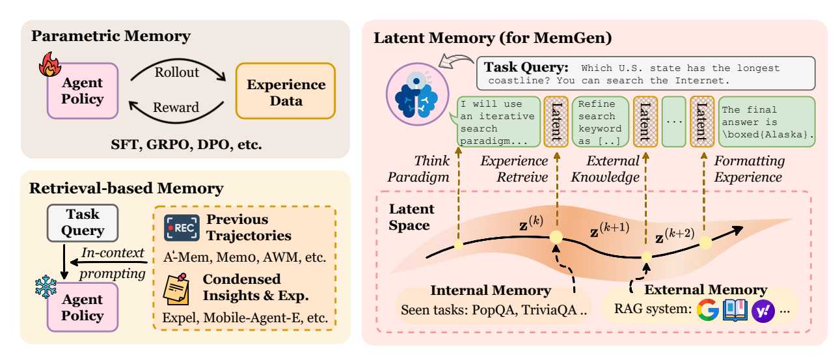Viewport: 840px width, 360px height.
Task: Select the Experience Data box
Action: point(285,91)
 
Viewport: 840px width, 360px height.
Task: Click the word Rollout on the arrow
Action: point(177,72)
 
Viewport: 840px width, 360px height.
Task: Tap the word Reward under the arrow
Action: point(176,107)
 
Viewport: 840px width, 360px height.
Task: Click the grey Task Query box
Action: point(83,223)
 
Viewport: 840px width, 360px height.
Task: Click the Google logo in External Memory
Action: point(707,310)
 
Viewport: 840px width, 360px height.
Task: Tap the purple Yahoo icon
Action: point(762,311)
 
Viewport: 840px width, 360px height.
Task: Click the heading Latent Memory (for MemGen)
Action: point(493,38)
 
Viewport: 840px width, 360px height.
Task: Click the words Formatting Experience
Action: point(749,169)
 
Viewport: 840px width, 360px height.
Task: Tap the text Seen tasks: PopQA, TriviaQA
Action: point(494,310)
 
